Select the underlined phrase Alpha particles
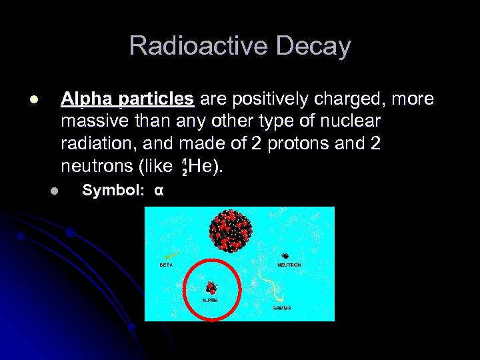point(127,99)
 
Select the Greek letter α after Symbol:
point(158,190)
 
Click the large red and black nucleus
point(230,231)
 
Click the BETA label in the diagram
point(166,265)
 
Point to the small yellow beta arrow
point(172,255)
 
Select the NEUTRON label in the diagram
point(289,265)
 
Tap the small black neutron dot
point(285,256)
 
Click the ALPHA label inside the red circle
point(210,300)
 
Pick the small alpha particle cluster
point(211,287)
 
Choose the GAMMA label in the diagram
point(281,308)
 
